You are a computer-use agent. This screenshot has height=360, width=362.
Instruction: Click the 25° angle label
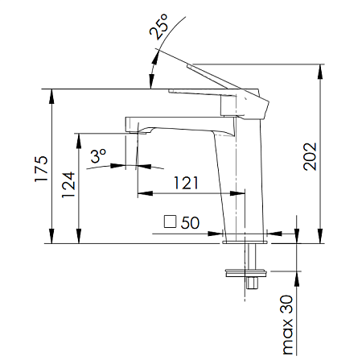(158, 27)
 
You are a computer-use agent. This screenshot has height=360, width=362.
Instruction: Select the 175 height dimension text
(41, 168)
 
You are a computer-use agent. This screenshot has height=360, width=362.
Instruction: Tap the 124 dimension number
(68, 184)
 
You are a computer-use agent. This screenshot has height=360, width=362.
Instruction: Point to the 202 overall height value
(310, 156)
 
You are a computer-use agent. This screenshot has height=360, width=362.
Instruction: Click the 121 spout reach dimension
(186, 183)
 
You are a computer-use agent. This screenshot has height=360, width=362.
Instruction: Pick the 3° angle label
(98, 156)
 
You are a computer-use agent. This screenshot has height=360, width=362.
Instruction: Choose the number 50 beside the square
(190, 222)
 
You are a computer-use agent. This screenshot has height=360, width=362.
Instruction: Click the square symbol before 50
(170, 221)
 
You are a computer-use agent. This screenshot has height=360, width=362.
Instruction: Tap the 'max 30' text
(288, 325)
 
